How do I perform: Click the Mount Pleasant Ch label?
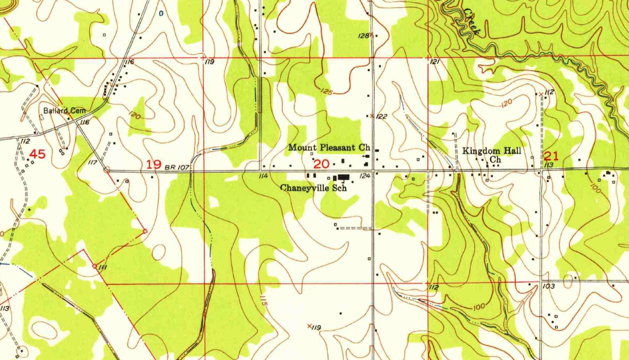[329, 148]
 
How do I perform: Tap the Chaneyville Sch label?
[314, 187]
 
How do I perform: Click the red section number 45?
[37, 154]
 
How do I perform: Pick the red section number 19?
[154, 165]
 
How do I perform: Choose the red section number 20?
[322, 164]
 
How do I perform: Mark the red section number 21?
[552, 156]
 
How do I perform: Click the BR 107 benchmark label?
[177, 167]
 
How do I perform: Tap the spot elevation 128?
[363, 36]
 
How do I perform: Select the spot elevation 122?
[381, 117]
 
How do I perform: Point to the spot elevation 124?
[365, 175]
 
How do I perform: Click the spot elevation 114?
[262, 176]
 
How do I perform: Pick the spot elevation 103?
[549, 286]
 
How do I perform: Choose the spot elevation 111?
[103, 267]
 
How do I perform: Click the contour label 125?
[326, 91]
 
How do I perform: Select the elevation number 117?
[94, 163]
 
